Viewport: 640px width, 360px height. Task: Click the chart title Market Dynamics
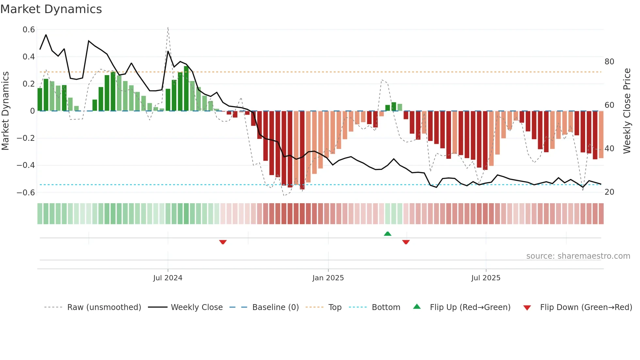51,9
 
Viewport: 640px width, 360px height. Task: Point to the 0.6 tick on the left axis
29,30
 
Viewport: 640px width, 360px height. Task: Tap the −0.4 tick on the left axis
26,165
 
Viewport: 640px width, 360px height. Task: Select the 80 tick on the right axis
609,62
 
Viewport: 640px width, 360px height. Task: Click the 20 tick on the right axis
609,192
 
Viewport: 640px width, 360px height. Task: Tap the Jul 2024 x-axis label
168,278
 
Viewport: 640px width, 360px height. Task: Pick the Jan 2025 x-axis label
328,278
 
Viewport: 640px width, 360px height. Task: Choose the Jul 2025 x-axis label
486,278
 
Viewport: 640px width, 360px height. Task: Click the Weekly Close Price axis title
627,111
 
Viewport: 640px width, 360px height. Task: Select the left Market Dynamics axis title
5,111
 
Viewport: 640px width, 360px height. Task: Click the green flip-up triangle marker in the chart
388,234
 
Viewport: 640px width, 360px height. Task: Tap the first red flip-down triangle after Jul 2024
223,242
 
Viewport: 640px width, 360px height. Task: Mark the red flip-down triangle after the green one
406,242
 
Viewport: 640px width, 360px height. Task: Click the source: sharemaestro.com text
578,256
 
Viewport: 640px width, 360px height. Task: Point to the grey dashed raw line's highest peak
168,28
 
